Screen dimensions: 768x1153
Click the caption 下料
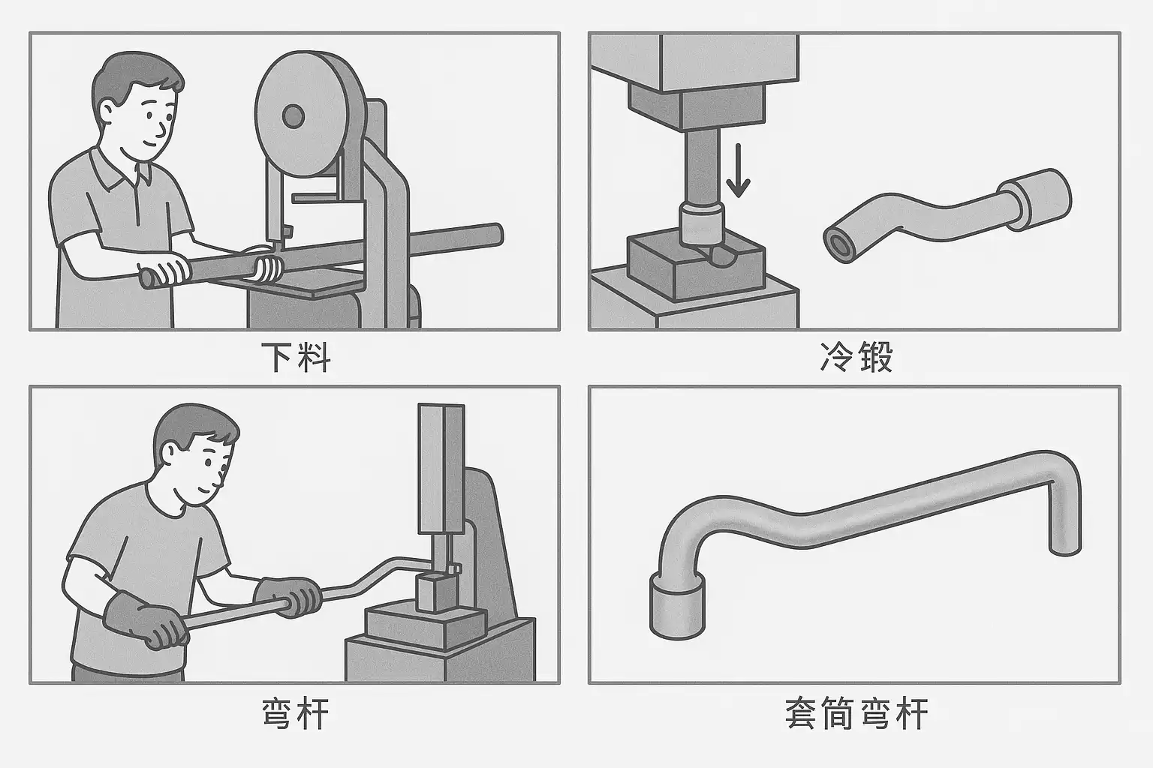[296, 357]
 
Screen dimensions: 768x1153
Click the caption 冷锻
[856, 358]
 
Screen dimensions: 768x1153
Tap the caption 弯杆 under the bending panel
[294, 714]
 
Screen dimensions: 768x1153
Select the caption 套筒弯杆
[856, 714]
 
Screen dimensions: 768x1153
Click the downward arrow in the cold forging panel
[739, 172]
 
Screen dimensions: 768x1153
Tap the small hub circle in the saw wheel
[292, 115]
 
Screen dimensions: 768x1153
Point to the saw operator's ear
[107, 112]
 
